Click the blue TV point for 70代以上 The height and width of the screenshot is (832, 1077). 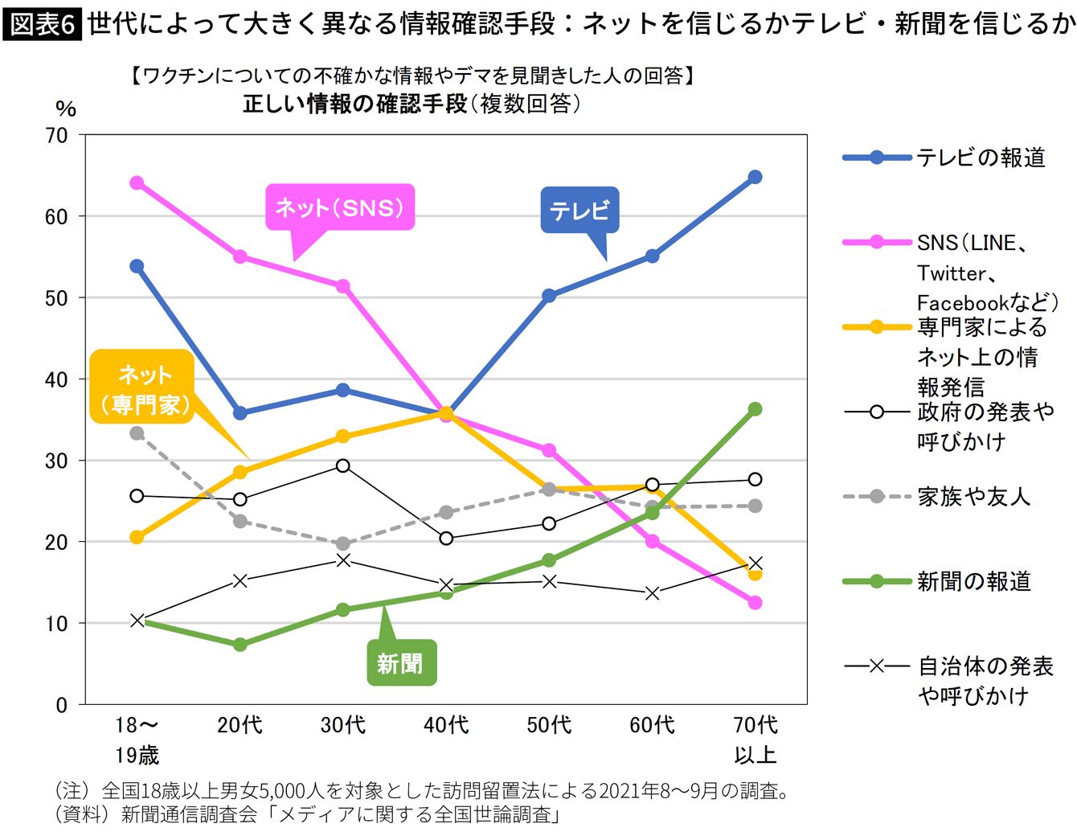[755, 177]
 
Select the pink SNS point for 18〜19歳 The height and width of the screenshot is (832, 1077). [137, 183]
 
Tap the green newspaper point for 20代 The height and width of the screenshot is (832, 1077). [240, 645]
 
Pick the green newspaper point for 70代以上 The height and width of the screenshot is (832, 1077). [755, 409]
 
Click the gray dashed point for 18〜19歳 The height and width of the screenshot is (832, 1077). [137, 433]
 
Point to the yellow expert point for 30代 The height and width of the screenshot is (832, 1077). [343, 436]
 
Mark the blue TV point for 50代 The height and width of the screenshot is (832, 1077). [549, 296]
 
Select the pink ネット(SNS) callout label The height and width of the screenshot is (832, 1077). [339, 208]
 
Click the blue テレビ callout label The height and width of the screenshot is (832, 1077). [579, 211]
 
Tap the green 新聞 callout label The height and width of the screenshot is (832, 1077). [400, 663]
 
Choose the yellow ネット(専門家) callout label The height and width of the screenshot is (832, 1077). [144, 389]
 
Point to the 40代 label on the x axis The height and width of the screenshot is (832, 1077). [446, 725]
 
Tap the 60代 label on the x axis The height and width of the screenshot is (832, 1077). [652, 725]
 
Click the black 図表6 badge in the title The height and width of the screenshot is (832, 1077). [42, 24]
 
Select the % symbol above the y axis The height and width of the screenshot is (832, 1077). [66, 109]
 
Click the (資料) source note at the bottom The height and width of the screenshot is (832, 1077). [305, 814]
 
